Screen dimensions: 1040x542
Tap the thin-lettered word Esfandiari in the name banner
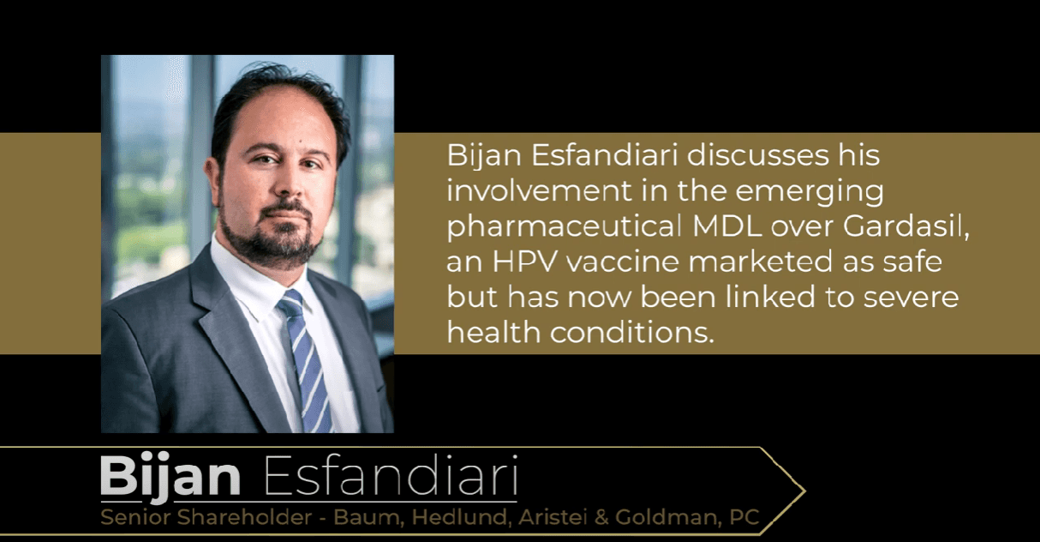(391, 475)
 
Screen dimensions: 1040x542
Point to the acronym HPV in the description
(523, 262)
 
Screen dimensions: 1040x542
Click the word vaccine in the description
(623, 262)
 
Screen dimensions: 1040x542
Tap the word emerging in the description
(810, 192)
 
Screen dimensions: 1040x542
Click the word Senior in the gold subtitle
(134, 517)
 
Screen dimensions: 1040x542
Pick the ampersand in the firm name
(601, 517)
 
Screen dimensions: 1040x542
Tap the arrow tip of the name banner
(804, 491)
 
